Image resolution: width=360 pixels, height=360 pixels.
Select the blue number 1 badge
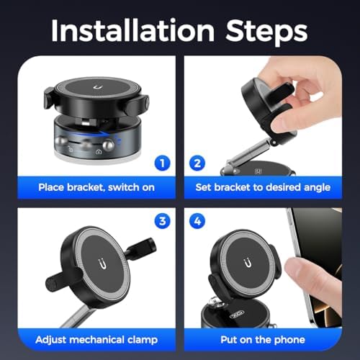click(x=163, y=163)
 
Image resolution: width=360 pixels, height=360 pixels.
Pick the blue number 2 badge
click(x=197, y=163)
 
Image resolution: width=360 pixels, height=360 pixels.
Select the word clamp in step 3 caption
click(x=138, y=338)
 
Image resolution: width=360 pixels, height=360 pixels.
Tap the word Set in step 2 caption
click(x=205, y=186)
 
